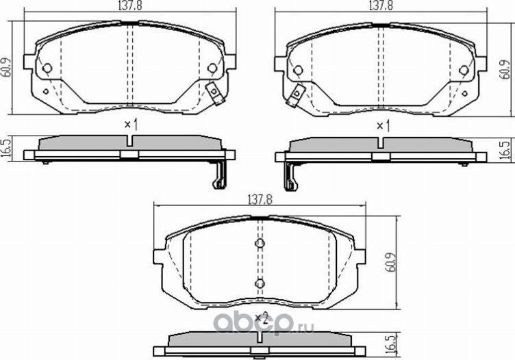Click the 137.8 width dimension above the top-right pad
point(380,5)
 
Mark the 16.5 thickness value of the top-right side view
point(505,150)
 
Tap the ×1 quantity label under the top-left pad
point(131,125)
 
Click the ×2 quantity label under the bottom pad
point(260,317)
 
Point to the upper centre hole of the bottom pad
point(260,245)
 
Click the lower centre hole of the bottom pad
point(260,283)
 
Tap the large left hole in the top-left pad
point(47,68)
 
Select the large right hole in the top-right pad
point(464,69)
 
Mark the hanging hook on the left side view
point(218,176)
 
